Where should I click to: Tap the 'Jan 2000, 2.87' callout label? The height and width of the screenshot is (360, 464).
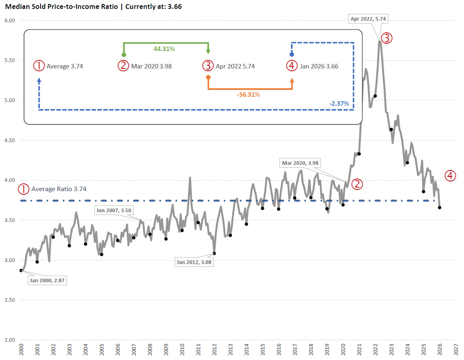[x=47, y=280]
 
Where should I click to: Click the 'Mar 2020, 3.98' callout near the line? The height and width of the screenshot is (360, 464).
[x=300, y=163]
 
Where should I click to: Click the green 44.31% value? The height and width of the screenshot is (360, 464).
[x=164, y=49]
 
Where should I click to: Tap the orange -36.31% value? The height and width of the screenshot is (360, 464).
[x=248, y=95]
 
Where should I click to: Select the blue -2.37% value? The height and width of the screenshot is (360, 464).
[x=339, y=104]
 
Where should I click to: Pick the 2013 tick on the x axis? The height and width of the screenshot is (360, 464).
[x=231, y=351]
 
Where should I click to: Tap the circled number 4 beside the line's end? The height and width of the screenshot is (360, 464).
[x=450, y=176]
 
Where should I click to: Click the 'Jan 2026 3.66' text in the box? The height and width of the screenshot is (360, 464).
[x=318, y=66]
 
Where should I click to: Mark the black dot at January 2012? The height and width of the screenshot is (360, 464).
[x=214, y=253]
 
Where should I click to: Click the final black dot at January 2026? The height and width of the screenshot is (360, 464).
[x=440, y=207]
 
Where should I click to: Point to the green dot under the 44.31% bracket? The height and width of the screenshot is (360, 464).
[x=124, y=55]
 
